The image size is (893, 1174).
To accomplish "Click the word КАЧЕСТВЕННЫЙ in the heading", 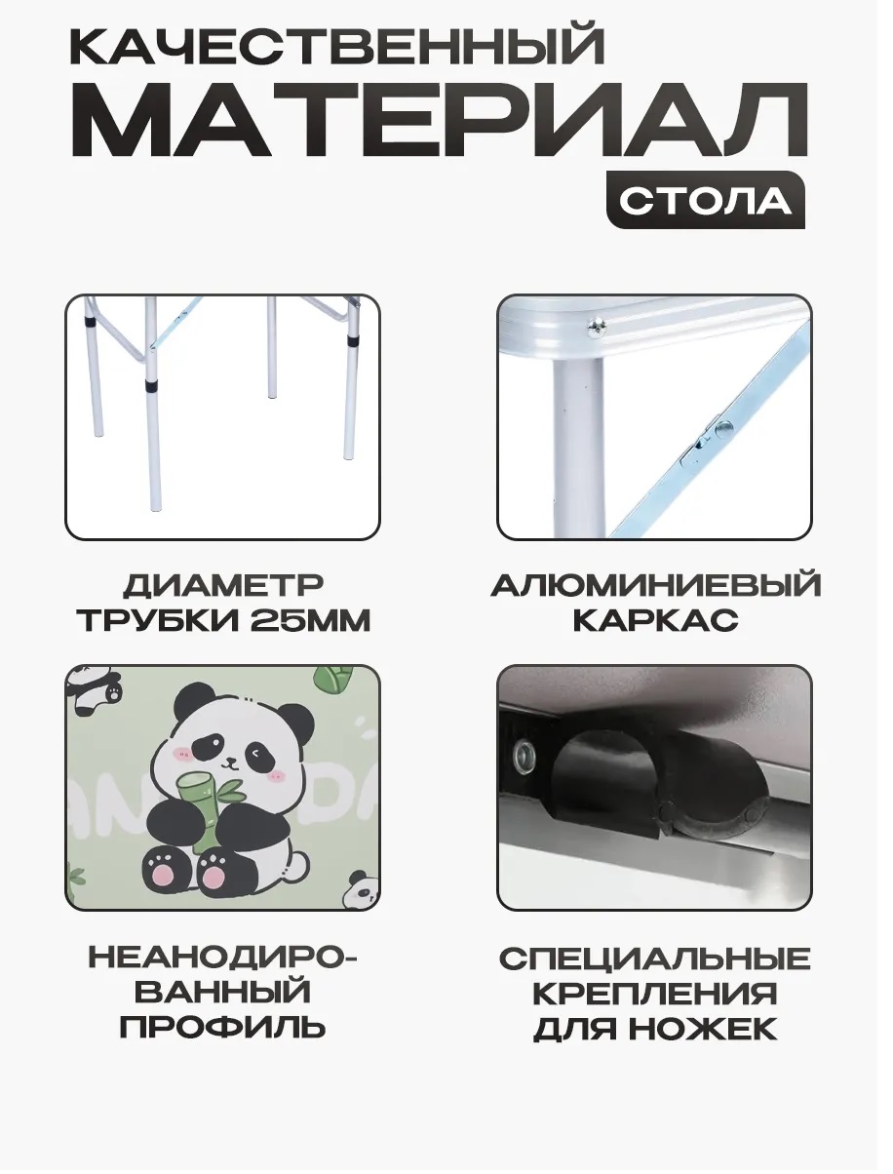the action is pos(337,44).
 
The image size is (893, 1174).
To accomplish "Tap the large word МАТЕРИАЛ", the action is pos(439,120).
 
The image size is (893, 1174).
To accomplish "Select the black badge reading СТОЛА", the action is pos(705,200).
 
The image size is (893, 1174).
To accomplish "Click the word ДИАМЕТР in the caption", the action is pos(223,586).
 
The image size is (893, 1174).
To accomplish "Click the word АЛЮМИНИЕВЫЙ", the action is pos(655,585).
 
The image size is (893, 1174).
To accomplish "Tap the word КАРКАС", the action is pos(655,621).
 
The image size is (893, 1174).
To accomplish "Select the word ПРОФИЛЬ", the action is pos(223,1029).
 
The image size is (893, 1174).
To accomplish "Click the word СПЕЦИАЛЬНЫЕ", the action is pos(654,959).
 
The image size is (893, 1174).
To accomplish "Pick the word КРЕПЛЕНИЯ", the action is pos(655,994).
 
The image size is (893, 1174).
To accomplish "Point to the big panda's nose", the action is pos(230,759).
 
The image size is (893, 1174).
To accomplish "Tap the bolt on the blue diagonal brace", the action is pos(724,427).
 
